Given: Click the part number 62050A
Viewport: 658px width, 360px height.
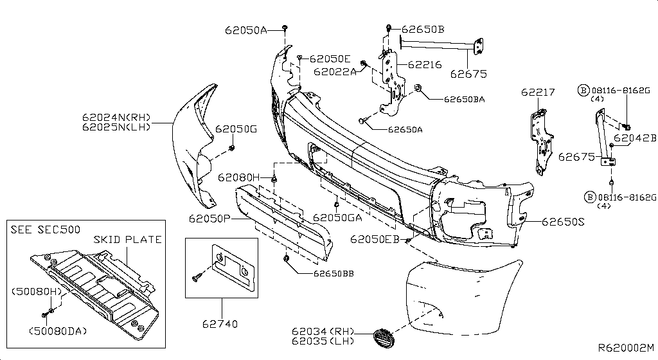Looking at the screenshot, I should tap(245, 30).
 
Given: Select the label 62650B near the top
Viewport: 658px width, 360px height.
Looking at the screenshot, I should tap(423, 29).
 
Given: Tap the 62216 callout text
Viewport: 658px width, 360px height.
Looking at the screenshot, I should tap(425, 65).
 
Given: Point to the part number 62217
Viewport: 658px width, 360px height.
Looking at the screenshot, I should tap(537, 93).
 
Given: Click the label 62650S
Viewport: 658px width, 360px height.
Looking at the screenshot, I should tap(563, 222).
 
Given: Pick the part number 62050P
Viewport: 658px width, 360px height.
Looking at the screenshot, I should tap(209, 219).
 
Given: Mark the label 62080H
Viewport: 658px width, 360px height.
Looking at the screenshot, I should tap(238, 177).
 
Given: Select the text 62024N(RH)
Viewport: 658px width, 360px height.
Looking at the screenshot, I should tap(116, 117).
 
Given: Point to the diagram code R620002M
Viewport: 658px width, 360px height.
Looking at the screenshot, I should tap(626, 347).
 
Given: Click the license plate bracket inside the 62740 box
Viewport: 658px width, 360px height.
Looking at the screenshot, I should tap(233, 265).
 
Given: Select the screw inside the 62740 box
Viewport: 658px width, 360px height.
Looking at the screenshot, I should tap(198, 275).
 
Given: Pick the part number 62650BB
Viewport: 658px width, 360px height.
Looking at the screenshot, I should tap(334, 273).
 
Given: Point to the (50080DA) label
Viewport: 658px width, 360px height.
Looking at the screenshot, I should tap(58, 331).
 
